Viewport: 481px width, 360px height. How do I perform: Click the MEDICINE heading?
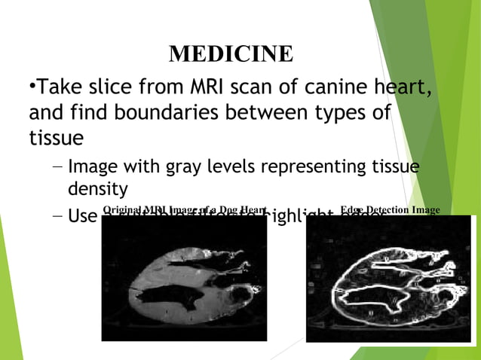pyautogui.click(x=231, y=54)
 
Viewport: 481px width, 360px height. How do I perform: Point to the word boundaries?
pyautogui.click(x=143, y=114)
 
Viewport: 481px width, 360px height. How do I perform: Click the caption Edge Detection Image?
pyautogui.click(x=390, y=209)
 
